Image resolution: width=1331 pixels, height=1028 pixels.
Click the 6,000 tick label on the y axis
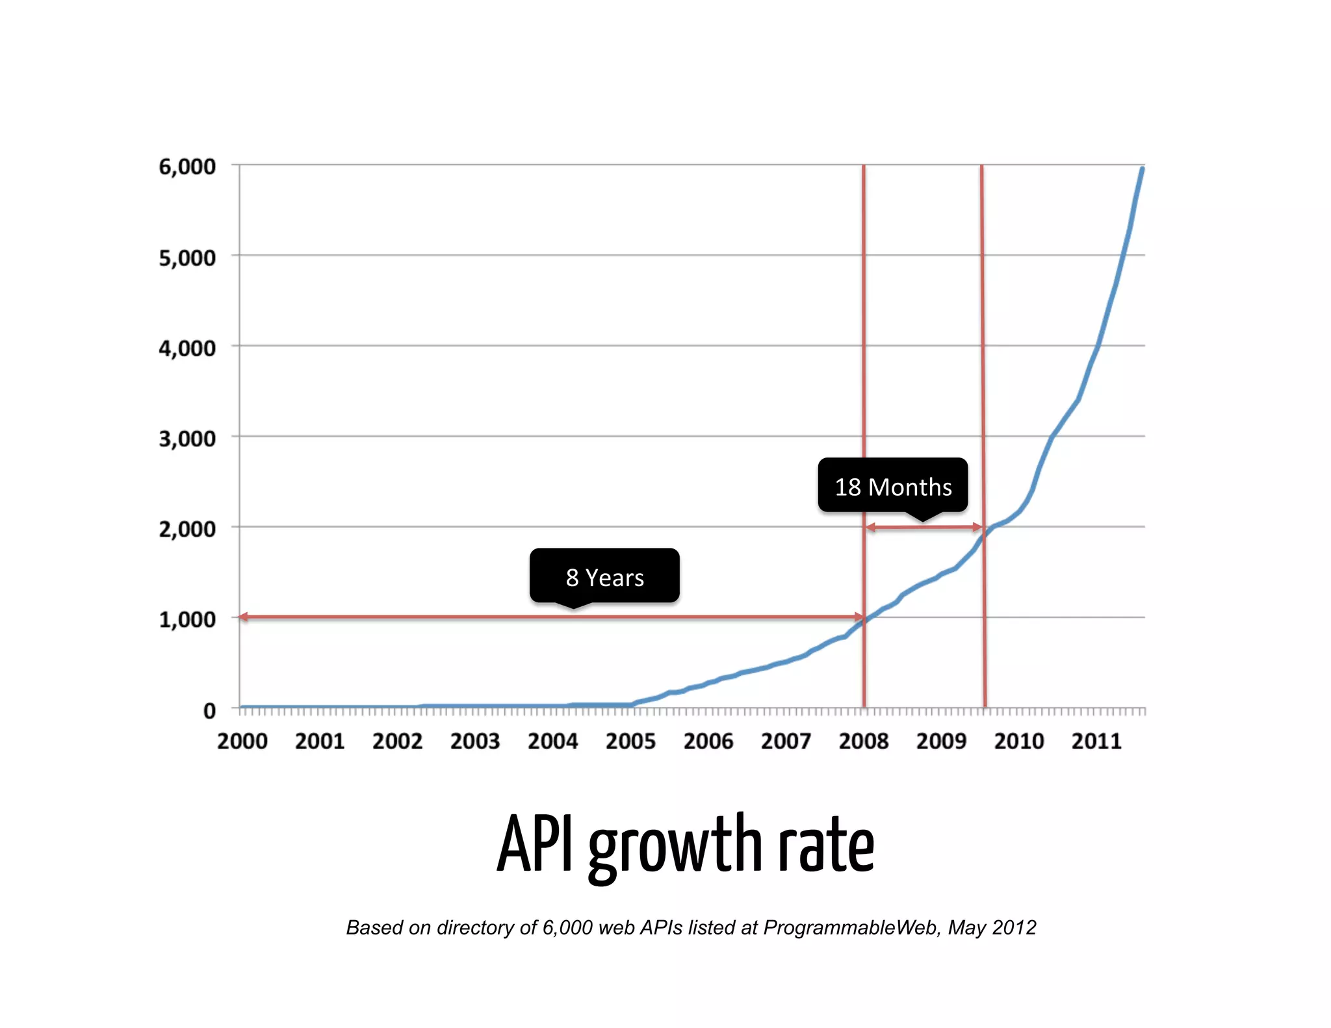tap(187, 167)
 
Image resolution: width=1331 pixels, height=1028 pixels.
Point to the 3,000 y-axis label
tap(187, 439)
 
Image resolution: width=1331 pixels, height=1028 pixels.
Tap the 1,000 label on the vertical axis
tap(187, 620)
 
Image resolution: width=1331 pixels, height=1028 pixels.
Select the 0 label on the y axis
tap(209, 711)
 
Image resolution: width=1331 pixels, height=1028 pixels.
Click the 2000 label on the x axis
tap(242, 741)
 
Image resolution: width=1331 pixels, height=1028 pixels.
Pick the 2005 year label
tap(630, 741)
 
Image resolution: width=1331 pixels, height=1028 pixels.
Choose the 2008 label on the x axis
tap(864, 741)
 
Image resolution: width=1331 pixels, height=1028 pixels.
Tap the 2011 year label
tap(1096, 741)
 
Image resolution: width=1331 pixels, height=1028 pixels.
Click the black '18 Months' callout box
tap(893, 486)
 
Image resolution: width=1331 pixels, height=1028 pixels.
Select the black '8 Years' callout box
tap(604, 576)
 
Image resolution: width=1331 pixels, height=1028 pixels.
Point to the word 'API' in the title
tap(536, 843)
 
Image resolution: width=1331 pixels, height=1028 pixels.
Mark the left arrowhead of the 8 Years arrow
tap(243, 617)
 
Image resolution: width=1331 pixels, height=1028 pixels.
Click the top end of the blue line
tap(1142, 169)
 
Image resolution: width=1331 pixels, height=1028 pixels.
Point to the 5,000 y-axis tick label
tap(187, 258)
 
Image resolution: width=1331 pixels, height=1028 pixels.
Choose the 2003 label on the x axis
tap(475, 741)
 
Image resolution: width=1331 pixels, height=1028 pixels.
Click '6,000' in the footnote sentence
tap(567, 927)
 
